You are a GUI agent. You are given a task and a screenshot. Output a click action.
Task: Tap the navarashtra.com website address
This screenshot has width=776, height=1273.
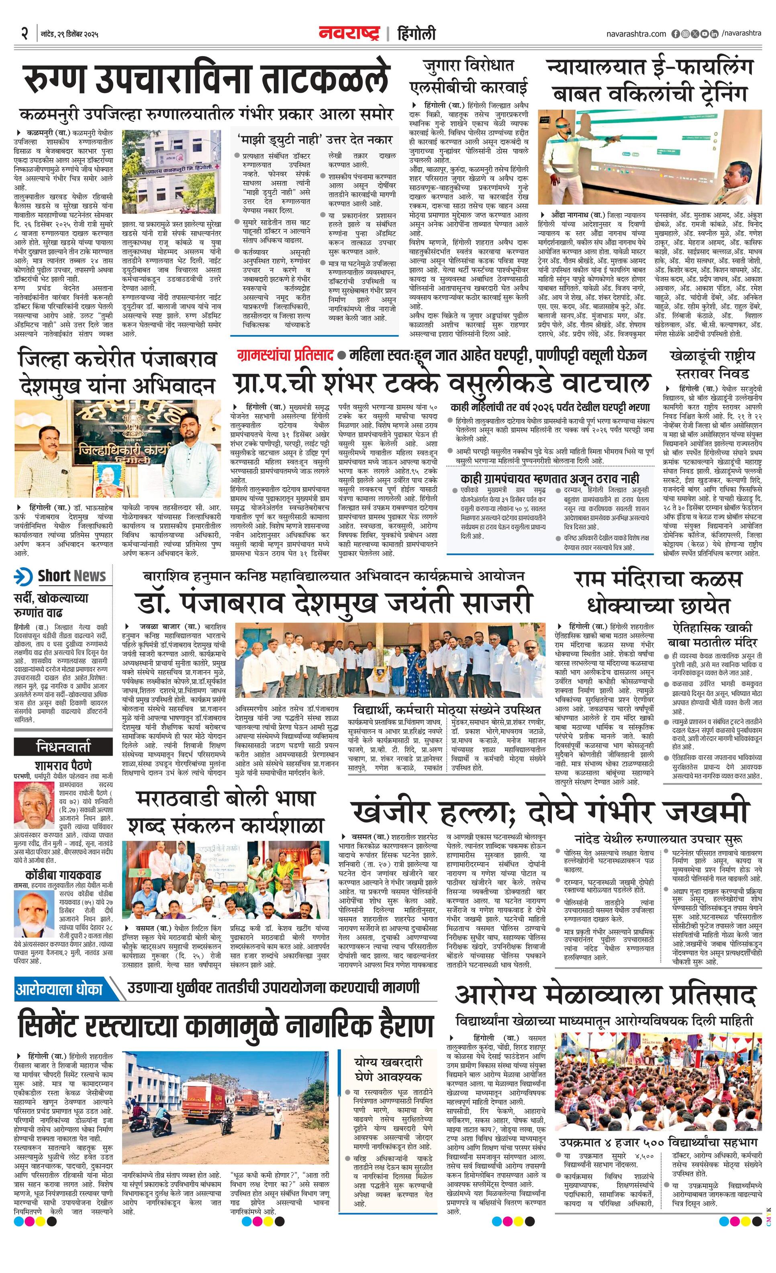[x=636, y=34]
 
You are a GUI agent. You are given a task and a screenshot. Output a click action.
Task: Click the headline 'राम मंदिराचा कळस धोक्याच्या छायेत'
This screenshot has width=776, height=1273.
[x=658, y=592]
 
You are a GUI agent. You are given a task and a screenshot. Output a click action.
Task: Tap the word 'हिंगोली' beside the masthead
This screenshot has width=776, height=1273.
[x=416, y=34]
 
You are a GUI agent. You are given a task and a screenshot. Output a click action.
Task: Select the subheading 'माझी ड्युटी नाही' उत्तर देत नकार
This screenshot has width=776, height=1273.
[x=315, y=140]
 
